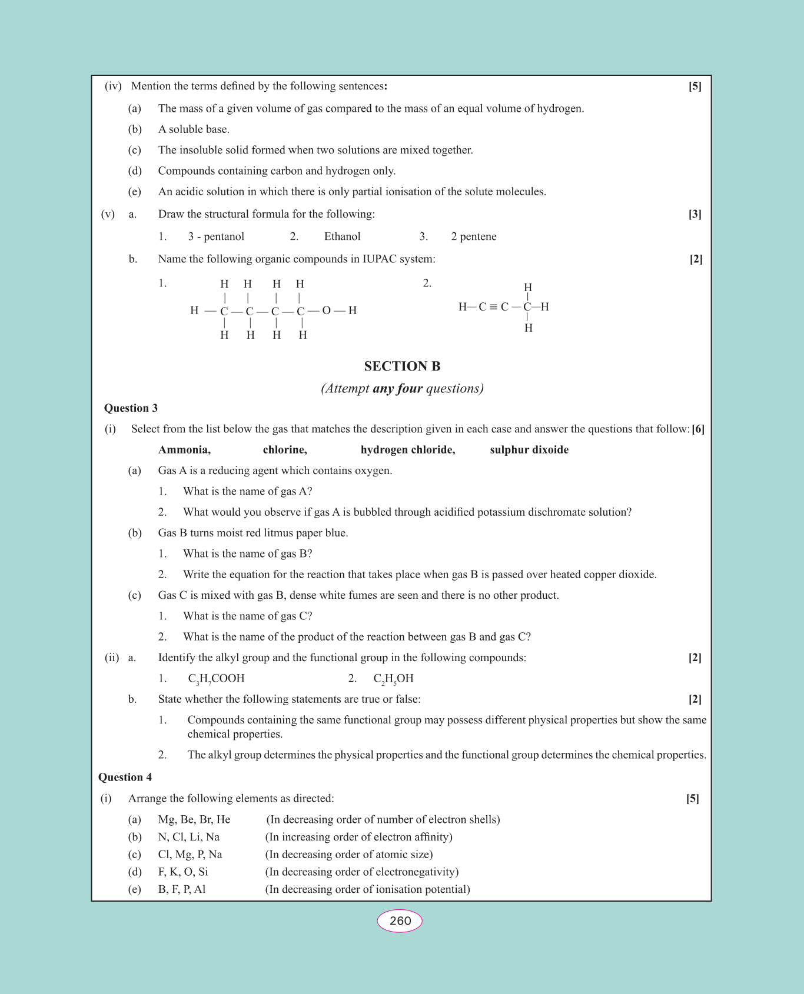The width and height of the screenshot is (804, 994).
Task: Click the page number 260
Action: click(400, 920)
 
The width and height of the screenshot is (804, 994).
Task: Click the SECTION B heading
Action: click(402, 366)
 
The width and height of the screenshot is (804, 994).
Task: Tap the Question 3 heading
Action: click(131, 408)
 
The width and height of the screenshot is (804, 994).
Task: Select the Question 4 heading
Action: click(125, 778)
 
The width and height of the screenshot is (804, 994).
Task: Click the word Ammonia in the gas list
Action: click(184, 450)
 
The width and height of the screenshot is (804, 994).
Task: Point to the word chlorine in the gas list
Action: click(285, 450)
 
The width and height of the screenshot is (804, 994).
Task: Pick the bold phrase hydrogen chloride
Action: click(408, 450)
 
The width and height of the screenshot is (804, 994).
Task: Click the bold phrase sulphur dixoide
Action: click(529, 450)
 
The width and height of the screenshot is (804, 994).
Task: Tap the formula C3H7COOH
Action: click(216, 679)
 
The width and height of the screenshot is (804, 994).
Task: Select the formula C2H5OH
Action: click(393, 679)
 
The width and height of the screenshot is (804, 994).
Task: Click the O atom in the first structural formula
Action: click(326, 311)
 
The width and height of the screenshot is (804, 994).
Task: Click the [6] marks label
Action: click(698, 429)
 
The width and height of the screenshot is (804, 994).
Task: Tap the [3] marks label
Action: click(695, 214)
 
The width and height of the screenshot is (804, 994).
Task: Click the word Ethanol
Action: click(342, 236)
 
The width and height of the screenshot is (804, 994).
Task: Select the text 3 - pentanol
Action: click(216, 236)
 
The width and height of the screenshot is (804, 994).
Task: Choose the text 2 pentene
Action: click(473, 236)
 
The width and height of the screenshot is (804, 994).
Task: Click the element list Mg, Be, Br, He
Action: click(194, 819)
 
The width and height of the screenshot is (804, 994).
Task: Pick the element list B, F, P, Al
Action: click(182, 889)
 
